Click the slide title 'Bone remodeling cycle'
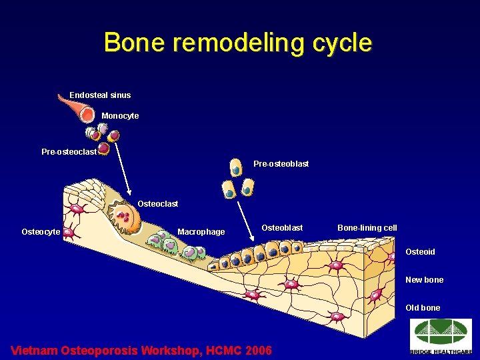pos(238,43)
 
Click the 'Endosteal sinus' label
pos(100,95)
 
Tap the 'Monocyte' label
pos(120,116)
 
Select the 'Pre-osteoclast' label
pos(69,152)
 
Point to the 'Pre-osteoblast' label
pos(281,164)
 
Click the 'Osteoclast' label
pos(157,203)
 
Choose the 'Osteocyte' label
pos(41,232)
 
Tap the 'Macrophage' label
pos(201,232)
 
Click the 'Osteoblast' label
pos(281,228)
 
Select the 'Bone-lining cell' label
pos(367,228)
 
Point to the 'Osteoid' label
pos(420,252)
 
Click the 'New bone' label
pos(424,280)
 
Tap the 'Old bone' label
pos(423,308)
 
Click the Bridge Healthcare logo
pos(441,336)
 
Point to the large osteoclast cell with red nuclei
pos(125,217)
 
